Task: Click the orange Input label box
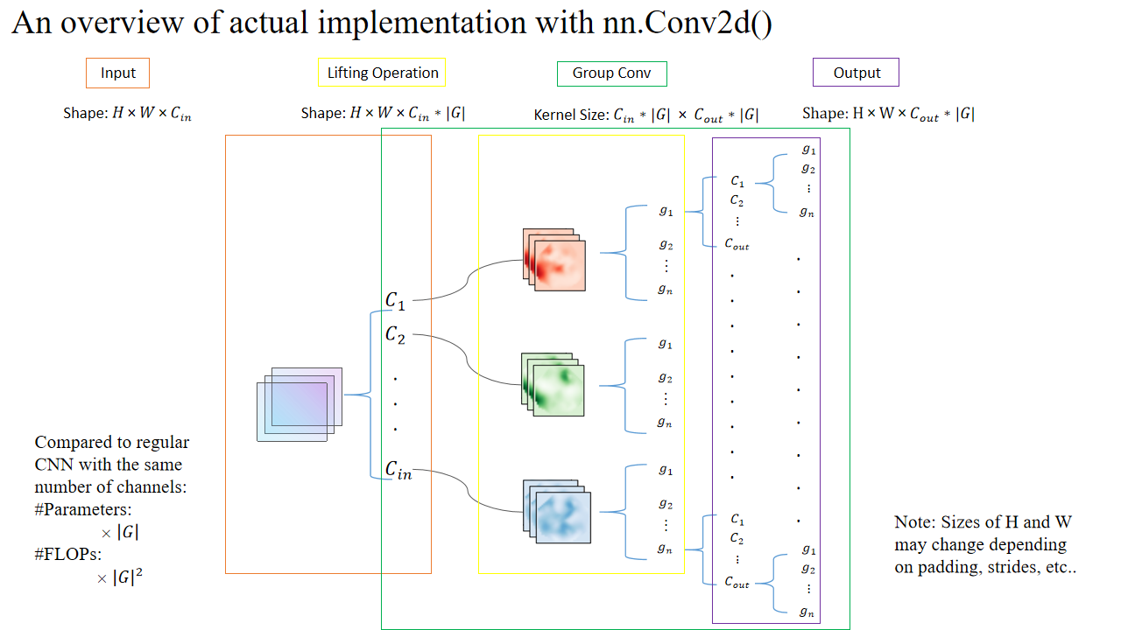[117, 73]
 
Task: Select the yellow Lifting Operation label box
[382, 73]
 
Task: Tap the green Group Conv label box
[611, 73]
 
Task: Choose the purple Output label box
[856, 73]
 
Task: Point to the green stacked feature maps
[553, 384]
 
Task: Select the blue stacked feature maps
[556, 512]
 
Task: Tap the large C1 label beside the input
[396, 300]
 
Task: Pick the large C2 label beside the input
[396, 334]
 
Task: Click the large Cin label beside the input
[398, 470]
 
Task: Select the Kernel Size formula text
[646, 115]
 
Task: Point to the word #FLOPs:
[66, 555]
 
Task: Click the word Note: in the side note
[914, 522]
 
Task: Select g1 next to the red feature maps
[666, 211]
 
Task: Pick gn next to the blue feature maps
[666, 549]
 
